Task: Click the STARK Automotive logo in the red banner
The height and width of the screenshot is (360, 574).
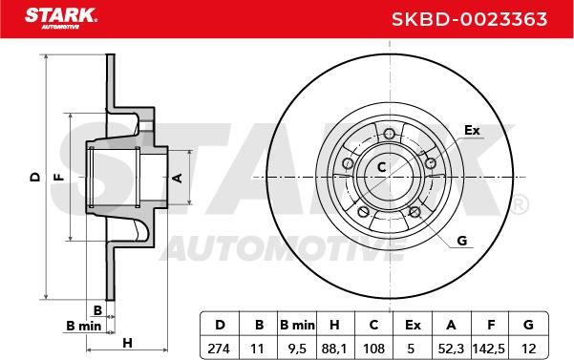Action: pos(61,19)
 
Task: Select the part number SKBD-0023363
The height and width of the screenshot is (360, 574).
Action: pos(469,19)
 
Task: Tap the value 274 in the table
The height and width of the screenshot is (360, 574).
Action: pos(219,349)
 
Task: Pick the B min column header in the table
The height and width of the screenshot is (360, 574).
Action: pos(297,325)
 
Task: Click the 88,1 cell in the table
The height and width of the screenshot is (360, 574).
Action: pos(334,349)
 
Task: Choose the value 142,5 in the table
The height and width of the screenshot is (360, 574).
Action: pos(489,349)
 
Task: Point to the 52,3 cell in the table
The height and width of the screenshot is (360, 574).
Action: pos(451,349)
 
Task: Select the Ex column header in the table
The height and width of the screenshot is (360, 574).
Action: pos(413,325)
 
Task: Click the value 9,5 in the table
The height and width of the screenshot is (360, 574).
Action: pos(297,349)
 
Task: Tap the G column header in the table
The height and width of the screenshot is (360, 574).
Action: pos(528,325)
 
